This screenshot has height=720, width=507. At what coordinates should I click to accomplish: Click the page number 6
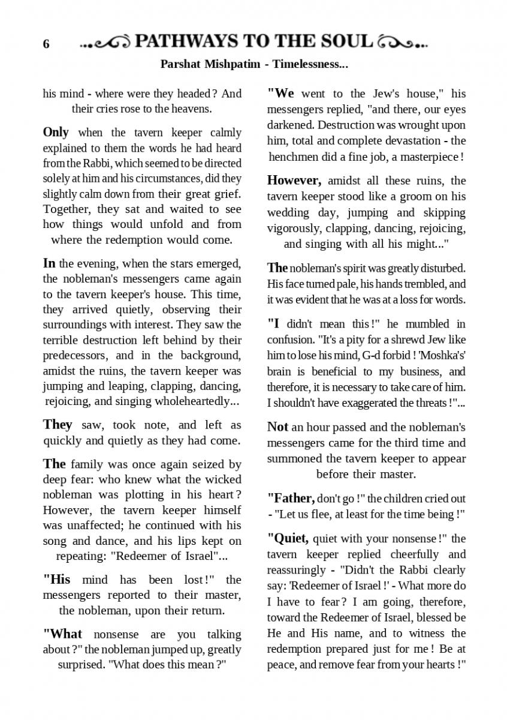point(46,44)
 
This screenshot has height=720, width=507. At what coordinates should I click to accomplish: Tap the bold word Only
point(56,132)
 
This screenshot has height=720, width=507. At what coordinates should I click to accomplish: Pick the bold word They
point(58,425)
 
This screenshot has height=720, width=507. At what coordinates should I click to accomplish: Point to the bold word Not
point(277,427)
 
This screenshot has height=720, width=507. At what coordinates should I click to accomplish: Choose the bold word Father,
point(291,498)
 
